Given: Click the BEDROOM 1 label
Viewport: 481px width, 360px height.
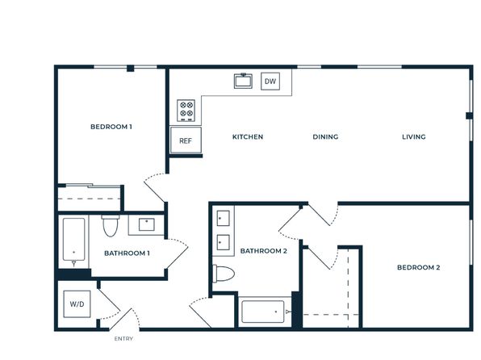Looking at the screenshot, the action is click(111, 127).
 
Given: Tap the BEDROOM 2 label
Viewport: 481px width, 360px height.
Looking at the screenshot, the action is click(418, 268).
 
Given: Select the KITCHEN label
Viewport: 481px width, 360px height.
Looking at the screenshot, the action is click(248, 137).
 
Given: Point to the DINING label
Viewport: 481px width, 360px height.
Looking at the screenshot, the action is click(325, 137).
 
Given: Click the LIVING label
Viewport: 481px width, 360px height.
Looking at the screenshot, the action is click(414, 137).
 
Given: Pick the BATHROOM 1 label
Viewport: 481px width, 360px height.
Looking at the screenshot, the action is click(127, 253).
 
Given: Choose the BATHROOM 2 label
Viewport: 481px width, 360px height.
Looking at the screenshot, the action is click(264, 251).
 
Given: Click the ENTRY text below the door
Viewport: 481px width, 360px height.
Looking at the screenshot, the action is click(123, 339).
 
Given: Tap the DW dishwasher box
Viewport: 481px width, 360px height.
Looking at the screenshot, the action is click(270, 82).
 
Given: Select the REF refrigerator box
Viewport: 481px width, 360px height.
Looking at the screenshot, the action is click(186, 140).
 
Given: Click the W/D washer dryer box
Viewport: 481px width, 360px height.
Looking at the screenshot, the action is click(77, 304).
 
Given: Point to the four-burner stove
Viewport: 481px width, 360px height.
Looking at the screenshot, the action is click(186, 110).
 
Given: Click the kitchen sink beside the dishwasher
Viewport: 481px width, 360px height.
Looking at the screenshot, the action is click(243, 81).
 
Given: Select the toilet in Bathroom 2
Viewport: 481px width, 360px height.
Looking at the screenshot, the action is click(224, 274).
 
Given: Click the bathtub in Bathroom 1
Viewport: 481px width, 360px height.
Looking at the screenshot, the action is click(74, 240).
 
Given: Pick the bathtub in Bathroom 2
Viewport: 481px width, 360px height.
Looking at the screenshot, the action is click(263, 312).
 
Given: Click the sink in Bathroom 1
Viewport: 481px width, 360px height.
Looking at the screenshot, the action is click(147, 224).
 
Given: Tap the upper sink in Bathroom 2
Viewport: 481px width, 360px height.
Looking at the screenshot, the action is click(223, 218).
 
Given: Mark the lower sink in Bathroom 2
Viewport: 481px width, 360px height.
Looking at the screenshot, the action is click(223, 242).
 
